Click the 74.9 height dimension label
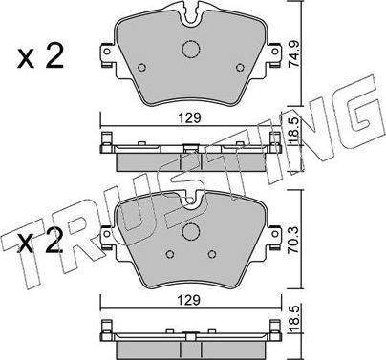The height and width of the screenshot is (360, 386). [293, 55]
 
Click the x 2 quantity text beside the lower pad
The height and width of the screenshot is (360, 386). [40, 242]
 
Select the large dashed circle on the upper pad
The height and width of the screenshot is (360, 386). [191, 50]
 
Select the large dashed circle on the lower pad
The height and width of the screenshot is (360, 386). [191, 232]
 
